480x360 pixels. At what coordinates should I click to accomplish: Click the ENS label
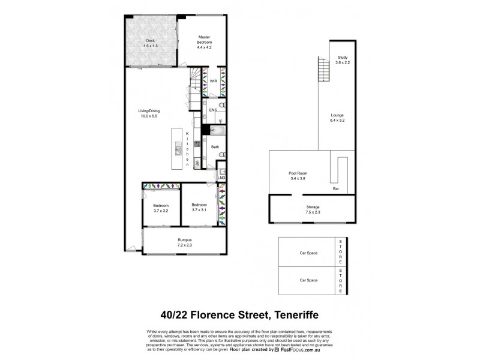click(212, 110)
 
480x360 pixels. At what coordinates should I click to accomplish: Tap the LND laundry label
click(220, 178)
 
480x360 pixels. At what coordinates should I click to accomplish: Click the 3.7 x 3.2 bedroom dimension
click(161, 211)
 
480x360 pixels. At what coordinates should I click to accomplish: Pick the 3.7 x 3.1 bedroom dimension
click(199, 211)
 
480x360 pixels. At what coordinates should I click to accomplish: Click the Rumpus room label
click(184, 241)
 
